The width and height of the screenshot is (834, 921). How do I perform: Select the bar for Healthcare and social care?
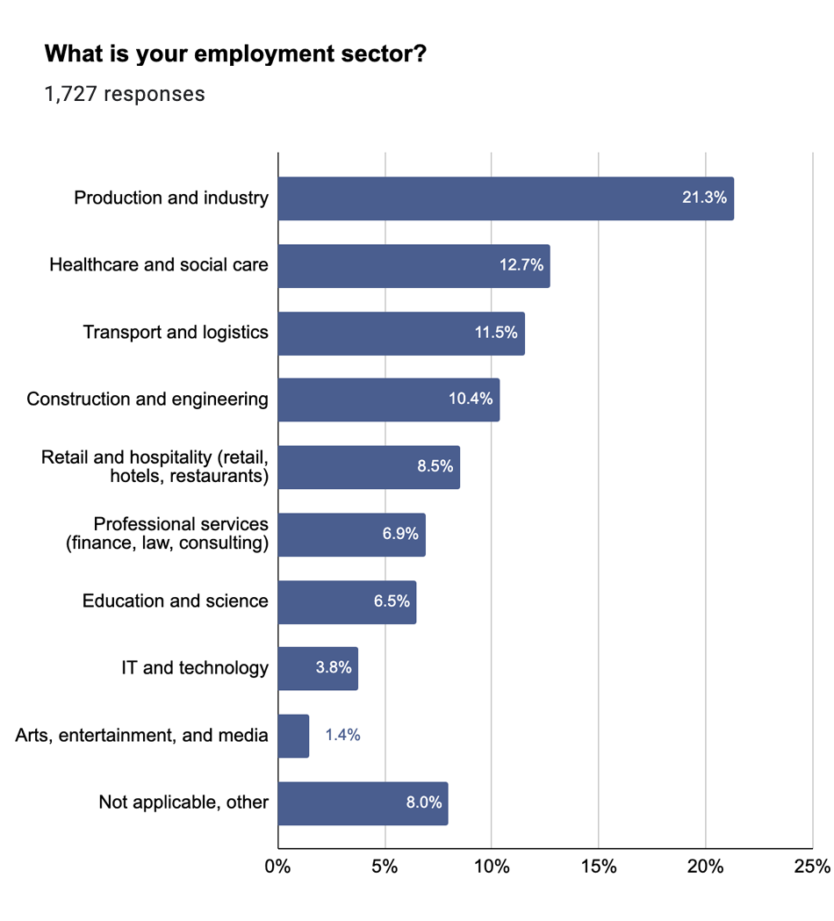413,265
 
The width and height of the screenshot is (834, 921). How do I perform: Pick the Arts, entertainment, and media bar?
293,736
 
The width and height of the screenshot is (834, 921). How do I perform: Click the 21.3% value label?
704,198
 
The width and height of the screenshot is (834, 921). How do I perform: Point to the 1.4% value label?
342,736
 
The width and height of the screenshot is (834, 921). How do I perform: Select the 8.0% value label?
423,802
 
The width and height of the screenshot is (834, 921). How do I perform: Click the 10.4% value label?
471,399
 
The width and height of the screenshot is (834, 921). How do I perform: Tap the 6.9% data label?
400,534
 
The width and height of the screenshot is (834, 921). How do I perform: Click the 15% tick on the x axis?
598,867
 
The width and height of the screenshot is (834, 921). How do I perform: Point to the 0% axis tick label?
277,867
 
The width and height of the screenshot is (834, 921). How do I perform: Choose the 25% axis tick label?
811,867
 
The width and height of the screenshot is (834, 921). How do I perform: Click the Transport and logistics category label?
176,332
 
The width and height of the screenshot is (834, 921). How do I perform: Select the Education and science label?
175,601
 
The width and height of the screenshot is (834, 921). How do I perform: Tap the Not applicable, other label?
183,802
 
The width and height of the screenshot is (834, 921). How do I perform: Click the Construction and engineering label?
147,399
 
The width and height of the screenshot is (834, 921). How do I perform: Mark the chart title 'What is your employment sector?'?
235,54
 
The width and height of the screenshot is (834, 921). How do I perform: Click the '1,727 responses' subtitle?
125,94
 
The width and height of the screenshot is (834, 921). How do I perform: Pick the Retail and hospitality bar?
369,467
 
